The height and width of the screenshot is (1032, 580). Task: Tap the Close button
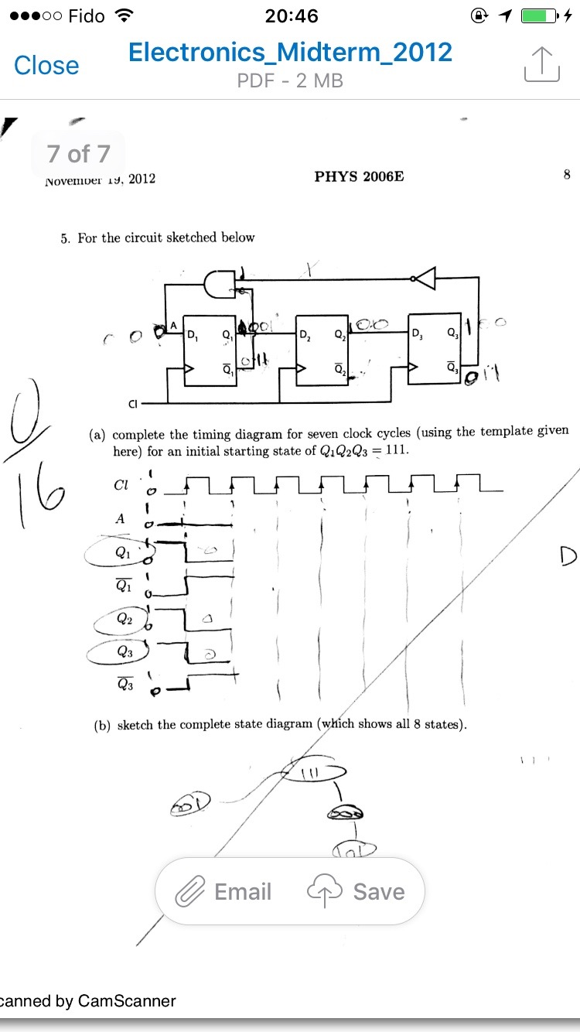tap(46, 66)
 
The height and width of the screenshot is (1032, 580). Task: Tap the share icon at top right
tap(541, 63)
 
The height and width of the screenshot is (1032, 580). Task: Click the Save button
tap(357, 892)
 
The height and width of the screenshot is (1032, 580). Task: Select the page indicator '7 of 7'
tap(78, 154)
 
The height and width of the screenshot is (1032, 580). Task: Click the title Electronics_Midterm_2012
tap(290, 52)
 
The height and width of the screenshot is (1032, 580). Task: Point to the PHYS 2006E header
tap(359, 177)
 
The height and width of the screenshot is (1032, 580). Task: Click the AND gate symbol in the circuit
tap(220, 285)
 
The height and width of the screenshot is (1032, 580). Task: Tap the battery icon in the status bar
tap(540, 16)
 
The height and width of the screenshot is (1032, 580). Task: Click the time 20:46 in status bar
tap(291, 16)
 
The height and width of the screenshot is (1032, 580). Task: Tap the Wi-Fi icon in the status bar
tap(122, 16)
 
